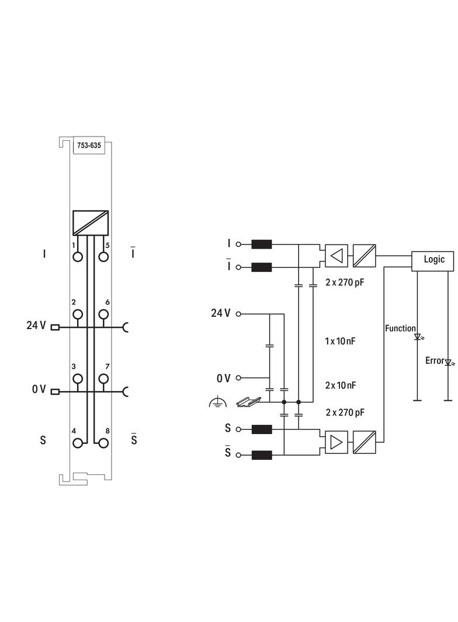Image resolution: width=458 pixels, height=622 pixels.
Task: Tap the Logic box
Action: (x=433, y=260)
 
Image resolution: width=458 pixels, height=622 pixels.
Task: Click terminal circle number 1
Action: (x=77, y=257)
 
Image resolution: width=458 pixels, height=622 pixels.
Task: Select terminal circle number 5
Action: (x=103, y=257)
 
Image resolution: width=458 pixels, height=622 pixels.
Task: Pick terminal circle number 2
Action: (x=77, y=315)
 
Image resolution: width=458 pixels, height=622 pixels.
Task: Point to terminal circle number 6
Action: (x=103, y=315)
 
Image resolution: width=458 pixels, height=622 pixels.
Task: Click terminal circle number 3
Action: (x=77, y=379)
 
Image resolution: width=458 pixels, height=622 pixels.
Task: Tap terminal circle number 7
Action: (x=103, y=379)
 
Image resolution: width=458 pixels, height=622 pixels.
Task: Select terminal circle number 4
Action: (x=77, y=443)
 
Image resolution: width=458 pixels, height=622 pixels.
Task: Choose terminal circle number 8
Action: (x=103, y=443)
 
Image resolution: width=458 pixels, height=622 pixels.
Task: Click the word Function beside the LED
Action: (x=400, y=329)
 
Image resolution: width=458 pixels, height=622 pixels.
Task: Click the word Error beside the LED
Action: (x=434, y=361)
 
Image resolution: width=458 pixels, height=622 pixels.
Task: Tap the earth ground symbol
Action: (x=217, y=403)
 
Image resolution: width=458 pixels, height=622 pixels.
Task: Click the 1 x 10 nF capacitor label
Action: (x=340, y=341)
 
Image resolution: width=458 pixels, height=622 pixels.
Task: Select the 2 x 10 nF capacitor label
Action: (x=340, y=386)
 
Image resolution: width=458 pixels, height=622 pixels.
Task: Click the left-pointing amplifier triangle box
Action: (x=336, y=255)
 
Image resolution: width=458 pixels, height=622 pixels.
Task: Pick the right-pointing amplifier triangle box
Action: (x=336, y=442)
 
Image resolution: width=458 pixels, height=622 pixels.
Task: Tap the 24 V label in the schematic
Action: (x=220, y=313)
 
